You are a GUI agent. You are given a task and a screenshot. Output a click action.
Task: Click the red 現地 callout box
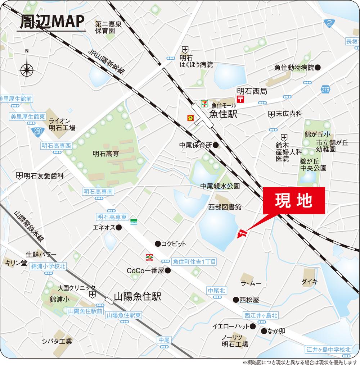[293, 201]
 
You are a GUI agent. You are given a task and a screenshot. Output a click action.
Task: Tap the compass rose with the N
[27, 69]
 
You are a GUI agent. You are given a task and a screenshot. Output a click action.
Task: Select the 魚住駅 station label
[222, 114]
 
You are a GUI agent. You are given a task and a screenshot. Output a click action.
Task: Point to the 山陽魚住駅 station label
[137, 297]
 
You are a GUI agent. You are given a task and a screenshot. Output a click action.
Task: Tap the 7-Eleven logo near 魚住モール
[204, 103]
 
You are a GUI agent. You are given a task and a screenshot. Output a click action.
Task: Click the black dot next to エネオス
[119, 227]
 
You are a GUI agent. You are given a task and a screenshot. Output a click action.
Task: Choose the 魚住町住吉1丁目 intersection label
[194, 262]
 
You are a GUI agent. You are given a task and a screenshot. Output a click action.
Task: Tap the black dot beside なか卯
[264, 331]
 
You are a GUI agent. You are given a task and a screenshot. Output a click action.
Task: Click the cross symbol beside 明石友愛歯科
[19, 176]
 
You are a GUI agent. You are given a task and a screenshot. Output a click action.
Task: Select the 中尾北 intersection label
[217, 290]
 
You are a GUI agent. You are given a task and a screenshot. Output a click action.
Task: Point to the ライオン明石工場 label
[62, 124]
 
